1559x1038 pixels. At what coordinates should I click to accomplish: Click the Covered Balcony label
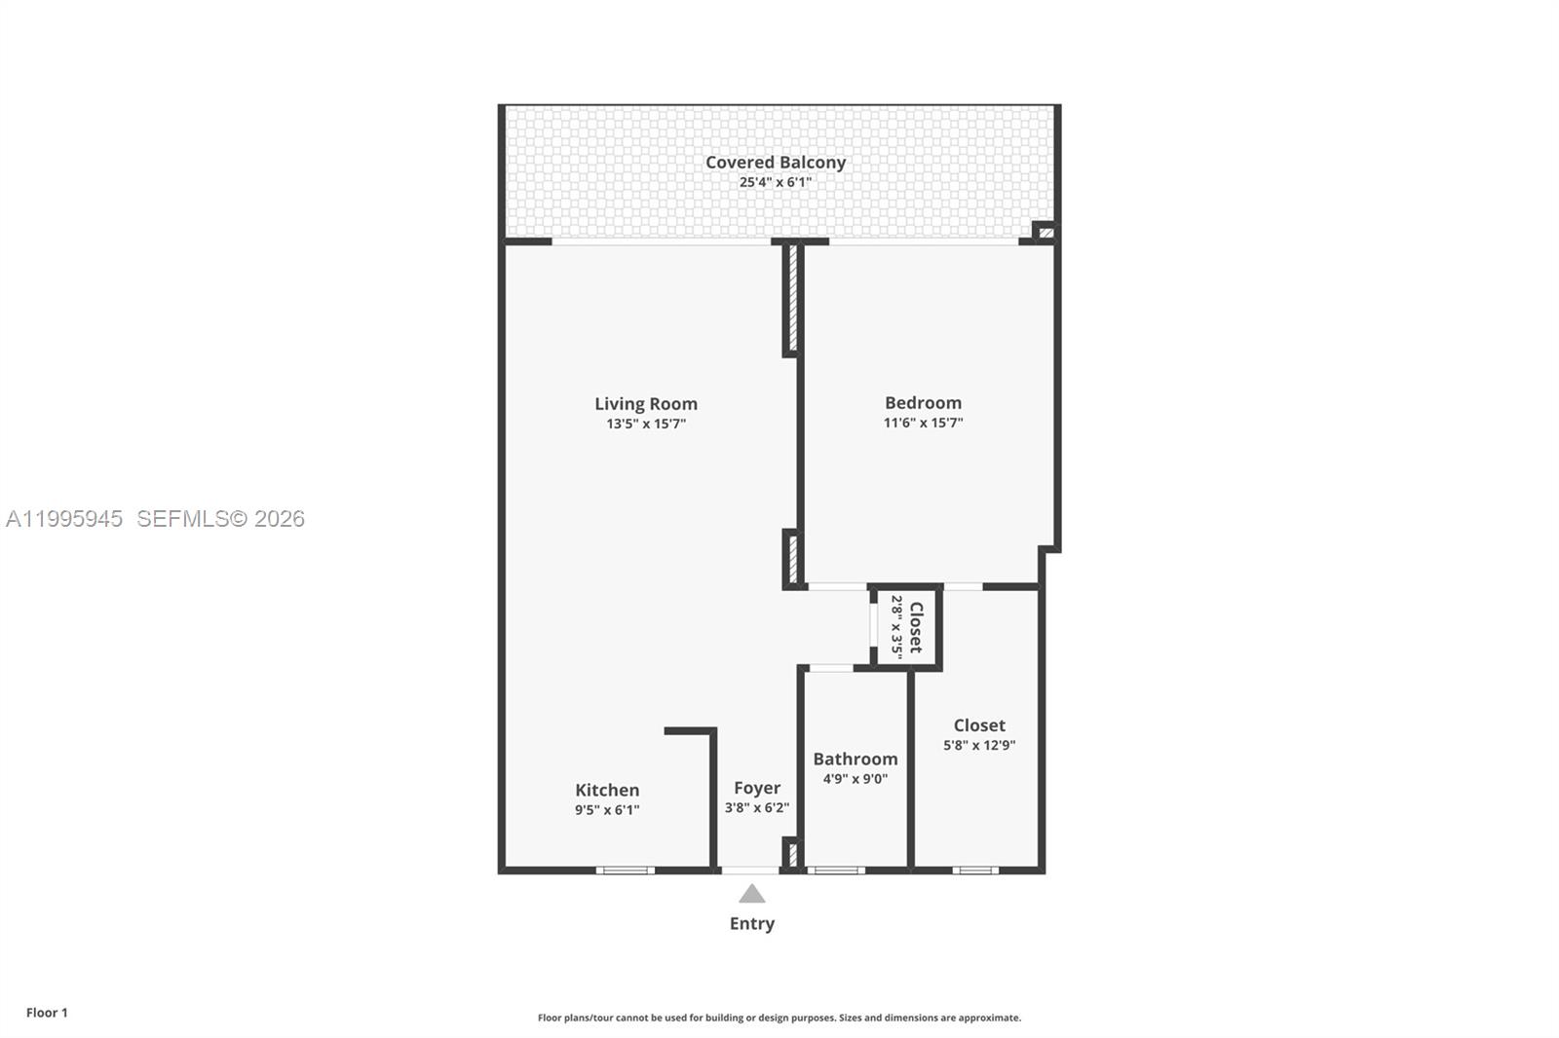pyautogui.click(x=776, y=163)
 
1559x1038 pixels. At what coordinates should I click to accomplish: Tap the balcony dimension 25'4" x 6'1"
pyautogui.click(x=776, y=182)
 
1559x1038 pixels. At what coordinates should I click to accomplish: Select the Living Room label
pyautogui.click(x=646, y=403)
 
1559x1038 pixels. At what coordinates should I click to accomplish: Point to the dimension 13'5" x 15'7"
pyautogui.click(x=646, y=424)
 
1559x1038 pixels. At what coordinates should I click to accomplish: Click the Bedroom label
pyautogui.click(x=923, y=402)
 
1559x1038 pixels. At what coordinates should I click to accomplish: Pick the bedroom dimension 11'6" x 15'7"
pyautogui.click(x=923, y=423)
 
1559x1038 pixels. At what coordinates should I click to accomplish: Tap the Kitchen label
pyautogui.click(x=607, y=790)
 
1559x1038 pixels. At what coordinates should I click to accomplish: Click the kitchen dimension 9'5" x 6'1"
pyautogui.click(x=607, y=810)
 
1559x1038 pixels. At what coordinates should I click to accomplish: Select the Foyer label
pyautogui.click(x=757, y=788)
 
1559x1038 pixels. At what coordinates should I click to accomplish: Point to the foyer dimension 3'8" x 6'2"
pyautogui.click(x=757, y=807)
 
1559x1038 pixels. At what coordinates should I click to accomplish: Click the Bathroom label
pyautogui.click(x=856, y=759)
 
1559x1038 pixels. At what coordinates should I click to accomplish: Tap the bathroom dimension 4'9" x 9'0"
pyautogui.click(x=856, y=779)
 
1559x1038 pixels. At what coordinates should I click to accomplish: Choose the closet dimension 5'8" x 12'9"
pyautogui.click(x=979, y=745)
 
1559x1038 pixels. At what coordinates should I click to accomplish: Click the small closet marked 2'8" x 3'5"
pyautogui.click(x=907, y=628)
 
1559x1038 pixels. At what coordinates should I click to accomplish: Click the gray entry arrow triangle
pyautogui.click(x=751, y=894)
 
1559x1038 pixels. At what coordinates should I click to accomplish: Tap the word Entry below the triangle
pyautogui.click(x=751, y=923)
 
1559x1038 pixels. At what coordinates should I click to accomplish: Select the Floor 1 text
pyautogui.click(x=47, y=1013)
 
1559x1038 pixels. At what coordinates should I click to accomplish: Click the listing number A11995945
pyautogui.click(x=64, y=519)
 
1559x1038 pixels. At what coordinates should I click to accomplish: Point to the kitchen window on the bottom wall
pyautogui.click(x=625, y=870)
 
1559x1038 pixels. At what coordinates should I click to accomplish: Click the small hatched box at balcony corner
pyautogui.click(x=1046, y=233)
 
